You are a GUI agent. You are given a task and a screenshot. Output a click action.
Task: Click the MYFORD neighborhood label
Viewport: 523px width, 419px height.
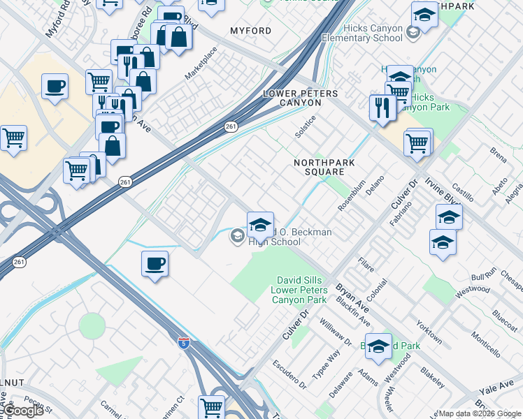click(x=251, y=31)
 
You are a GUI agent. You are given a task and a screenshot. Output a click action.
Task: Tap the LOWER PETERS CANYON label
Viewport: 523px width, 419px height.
click(x=291, y=98)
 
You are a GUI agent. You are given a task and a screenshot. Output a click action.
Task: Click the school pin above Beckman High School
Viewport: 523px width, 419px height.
click(x=260, y=224)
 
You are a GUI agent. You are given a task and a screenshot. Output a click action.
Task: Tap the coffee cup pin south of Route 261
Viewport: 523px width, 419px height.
click(x=155, y=265)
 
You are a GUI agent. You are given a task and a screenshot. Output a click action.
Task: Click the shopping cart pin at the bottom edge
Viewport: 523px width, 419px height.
click(x=211, y=406)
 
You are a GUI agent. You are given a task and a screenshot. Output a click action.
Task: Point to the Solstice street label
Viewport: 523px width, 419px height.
click(x=305, y=126)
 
